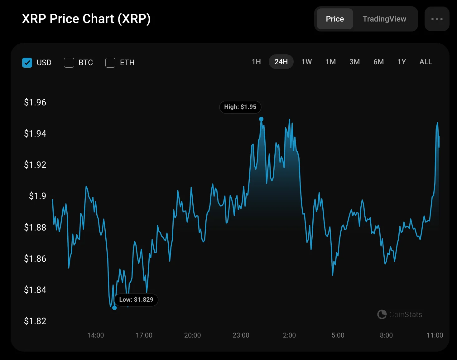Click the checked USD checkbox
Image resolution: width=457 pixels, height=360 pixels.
click(27, 63)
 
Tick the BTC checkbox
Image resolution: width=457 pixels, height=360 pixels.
click(69, 63)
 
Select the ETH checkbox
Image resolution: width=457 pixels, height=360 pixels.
click(110, 63)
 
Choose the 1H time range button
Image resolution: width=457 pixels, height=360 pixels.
click(256, 62)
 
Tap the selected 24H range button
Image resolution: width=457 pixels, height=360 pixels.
click(281, 62)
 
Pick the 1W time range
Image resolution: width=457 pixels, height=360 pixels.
click(306, 62)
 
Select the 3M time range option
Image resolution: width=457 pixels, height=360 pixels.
click(354, 62)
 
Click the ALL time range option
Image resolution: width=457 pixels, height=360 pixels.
click(426, 62)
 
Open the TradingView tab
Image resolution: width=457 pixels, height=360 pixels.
click(384, 19)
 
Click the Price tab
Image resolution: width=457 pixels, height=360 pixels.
click(335, 19)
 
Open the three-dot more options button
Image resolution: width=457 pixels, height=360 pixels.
click(437, 19)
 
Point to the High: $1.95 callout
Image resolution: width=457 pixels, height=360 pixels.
click(240, 107)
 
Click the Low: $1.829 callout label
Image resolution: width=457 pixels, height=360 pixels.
click(136, 300)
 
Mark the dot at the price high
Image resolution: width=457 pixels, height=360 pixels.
click(261, 119)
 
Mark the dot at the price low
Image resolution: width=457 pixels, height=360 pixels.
click(114, 308)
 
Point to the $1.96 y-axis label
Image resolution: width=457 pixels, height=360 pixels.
click(35, 102)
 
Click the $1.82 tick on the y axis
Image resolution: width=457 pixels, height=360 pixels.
click(35, 321)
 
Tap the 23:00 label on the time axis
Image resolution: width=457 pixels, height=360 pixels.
click(241, 335)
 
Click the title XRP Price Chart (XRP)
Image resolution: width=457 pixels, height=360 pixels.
click(86, 19)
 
